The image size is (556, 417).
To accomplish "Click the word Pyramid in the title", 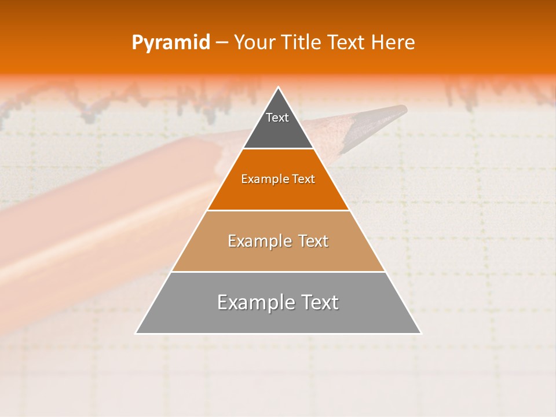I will pos(171,43).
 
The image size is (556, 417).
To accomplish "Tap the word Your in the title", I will pos(255,43).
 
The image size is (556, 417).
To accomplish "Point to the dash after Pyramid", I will pos(221,43).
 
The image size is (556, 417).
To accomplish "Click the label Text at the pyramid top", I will pos(277,118).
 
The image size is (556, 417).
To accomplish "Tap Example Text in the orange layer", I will pos(278,180).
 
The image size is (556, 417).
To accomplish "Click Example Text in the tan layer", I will pos(278,241).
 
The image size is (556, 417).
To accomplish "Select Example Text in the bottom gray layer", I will pos(278,302).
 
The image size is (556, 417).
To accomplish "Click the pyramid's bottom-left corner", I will pos(137,333).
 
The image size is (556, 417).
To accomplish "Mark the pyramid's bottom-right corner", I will pos(420,333).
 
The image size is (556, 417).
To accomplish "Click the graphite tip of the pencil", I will pos(400,109).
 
